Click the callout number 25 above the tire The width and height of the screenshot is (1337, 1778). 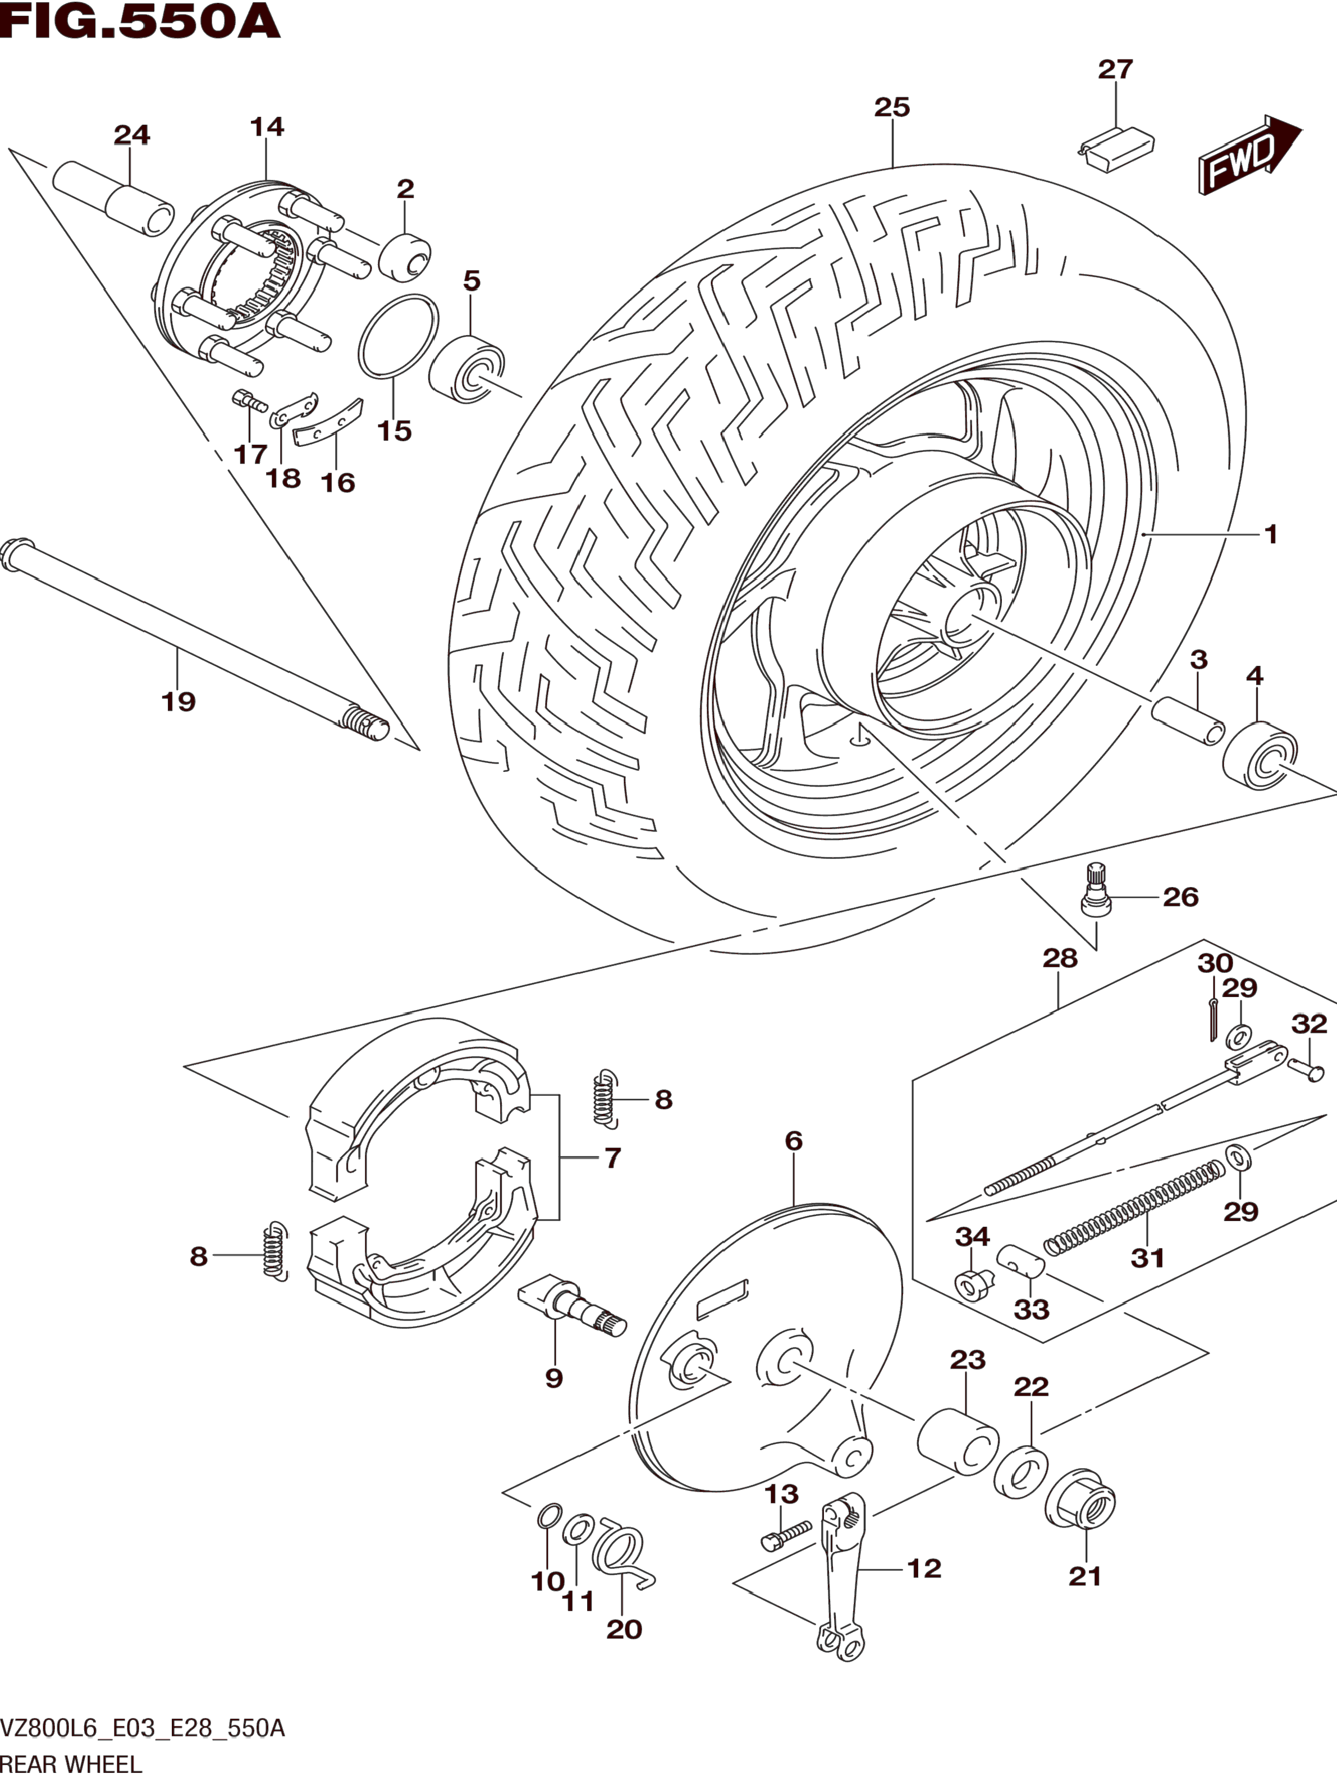point(892,107)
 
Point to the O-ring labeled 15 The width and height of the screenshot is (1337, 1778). point(399,336)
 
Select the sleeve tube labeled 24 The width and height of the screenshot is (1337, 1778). point(113,195)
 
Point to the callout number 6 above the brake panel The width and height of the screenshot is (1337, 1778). point(794,1141)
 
